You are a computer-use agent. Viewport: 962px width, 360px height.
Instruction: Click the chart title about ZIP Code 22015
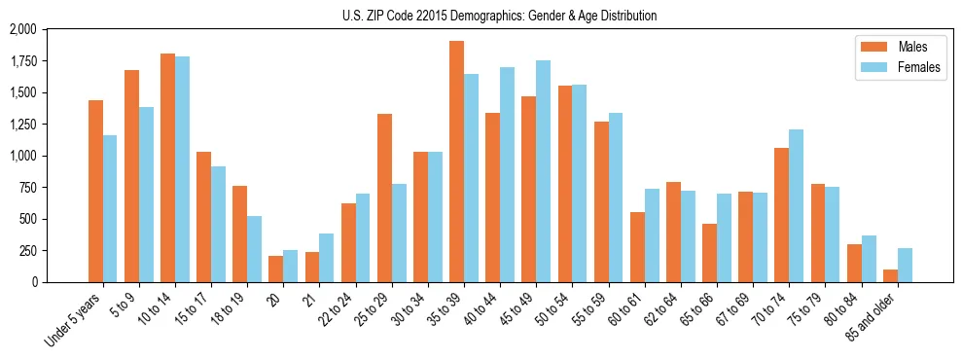[x=499, y=16]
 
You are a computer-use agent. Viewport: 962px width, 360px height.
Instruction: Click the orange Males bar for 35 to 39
[x=456, y=162]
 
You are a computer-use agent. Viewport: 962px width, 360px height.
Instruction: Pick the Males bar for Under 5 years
[x=95, y=191]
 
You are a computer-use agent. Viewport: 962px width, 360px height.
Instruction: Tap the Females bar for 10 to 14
[x=182, y=169]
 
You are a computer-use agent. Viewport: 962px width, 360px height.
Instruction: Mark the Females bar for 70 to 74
[x=796, y=205]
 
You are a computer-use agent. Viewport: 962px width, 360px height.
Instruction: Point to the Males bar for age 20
[x=275, y=269]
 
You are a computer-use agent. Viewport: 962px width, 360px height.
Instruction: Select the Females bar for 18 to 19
[x=254, y=249]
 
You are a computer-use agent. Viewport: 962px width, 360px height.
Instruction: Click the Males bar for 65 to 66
[x=709, y=253]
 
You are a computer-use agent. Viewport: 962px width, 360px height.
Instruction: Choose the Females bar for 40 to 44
[x=507, y=174]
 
